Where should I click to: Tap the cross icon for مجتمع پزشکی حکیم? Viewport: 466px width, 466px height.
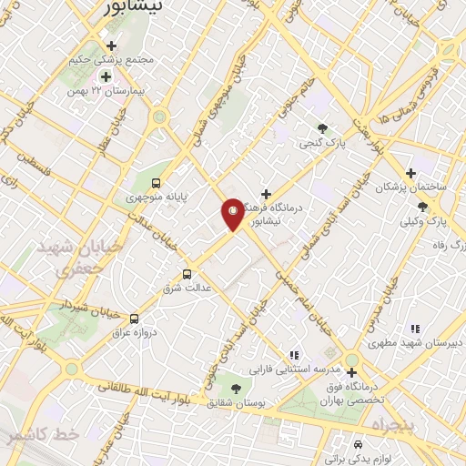click(111, 46)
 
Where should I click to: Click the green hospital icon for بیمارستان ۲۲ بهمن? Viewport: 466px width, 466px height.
click(106, 76)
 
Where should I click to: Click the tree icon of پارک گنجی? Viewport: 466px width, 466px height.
click(322, 127)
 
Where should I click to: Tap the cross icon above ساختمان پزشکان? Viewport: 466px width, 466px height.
click(410, 172)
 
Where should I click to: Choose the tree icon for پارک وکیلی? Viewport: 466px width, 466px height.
click(421, 207)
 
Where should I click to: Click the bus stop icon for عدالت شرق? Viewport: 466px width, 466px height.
click(187, 273)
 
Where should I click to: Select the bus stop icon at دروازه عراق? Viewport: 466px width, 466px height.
click(135, 319)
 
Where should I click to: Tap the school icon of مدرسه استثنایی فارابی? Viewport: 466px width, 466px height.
click(293, 354)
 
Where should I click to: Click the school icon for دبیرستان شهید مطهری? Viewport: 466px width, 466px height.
click(415, 329)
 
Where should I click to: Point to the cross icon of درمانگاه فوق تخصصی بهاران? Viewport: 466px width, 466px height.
click(351, 371)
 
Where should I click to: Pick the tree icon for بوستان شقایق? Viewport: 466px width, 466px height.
click(237, 388)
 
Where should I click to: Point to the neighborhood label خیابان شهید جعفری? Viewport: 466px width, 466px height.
click(63, 258)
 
